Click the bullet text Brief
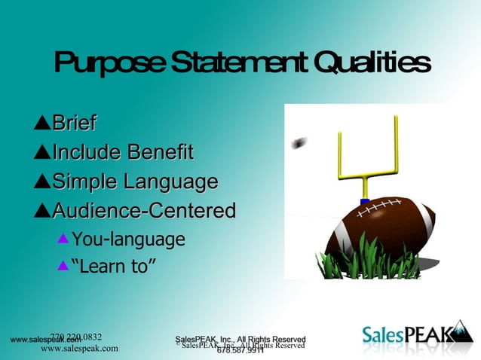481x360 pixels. click(x=73, y=123)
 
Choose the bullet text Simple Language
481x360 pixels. click(x=135, y=182)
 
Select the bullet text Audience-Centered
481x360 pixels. click(x=143, y=211)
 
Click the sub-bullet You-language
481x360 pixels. click(x=127, y=239)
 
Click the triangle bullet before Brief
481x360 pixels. click(x=41, y=123)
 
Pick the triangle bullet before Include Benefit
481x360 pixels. click(x=41, y=152)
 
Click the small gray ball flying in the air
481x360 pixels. click(x=300, y=142)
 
